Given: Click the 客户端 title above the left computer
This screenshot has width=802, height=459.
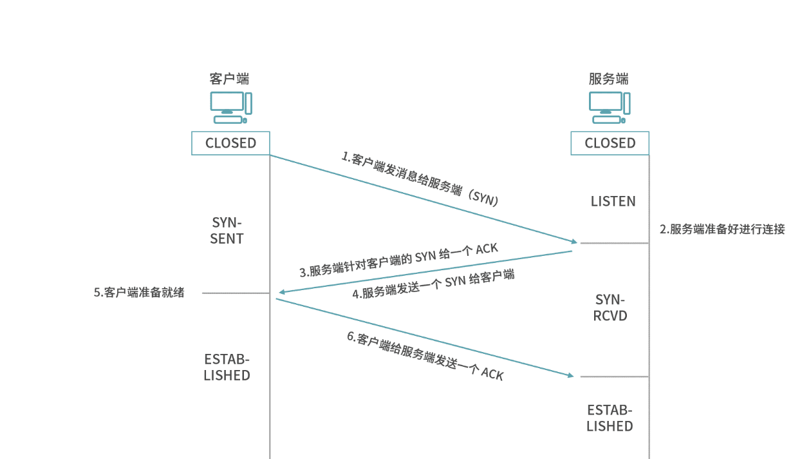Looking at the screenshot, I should (x=229, y=79).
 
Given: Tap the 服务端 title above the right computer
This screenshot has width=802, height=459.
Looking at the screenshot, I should (x=608, y=79).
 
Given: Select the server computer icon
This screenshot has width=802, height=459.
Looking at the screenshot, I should (x=610, y=107).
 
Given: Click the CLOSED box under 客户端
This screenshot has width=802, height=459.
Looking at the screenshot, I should (x=230, y=143).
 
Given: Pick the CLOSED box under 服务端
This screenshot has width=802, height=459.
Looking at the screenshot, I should (x=610, y=143).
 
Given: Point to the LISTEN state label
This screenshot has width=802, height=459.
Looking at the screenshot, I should (x=613, y=202).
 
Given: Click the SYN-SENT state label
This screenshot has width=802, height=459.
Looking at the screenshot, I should (x=227, y=231).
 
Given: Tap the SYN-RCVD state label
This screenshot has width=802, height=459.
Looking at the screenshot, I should (x=610, y=308).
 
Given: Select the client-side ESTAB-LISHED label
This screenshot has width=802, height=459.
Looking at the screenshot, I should (x=227, y=367).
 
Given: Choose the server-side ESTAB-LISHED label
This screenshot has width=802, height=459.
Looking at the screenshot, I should (x=610, y=418).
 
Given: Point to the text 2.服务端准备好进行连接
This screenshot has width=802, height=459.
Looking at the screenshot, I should (x=722, y=229).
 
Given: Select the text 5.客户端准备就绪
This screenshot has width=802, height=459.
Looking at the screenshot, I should (x=139, y=292).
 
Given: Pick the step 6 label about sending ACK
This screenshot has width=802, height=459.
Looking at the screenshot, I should (x=425, y=356).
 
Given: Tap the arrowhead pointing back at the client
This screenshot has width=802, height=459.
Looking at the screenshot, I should (x=281, y=293).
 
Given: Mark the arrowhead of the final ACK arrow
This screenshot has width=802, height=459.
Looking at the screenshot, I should (x=569, y=375).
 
